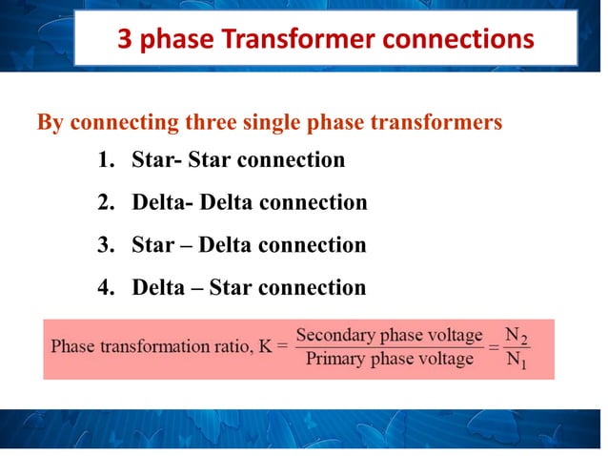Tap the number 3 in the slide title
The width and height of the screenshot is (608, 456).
(124, 40)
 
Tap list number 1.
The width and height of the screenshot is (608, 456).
(104, 160)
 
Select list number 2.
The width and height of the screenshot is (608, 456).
(104, 203)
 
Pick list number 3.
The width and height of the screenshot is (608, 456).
(104, 245)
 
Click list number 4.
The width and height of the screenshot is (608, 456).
(104, 287)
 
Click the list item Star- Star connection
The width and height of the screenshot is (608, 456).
(238, 160)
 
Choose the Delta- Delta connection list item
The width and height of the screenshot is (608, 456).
(249, 203)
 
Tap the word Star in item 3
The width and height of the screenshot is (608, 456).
(152, 245)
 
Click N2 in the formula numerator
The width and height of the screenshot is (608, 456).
(516, 336)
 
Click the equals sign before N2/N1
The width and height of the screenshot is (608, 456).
(494, 347)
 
